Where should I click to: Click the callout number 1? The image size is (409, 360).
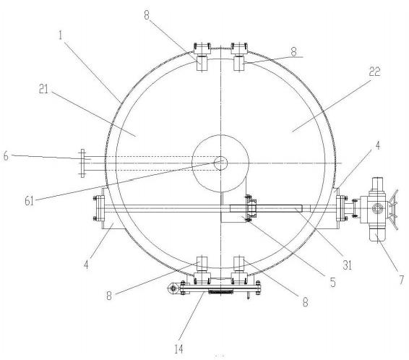61,35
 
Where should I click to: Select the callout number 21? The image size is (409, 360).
43,90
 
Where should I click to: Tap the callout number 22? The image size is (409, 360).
374,72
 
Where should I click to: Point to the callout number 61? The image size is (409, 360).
30,201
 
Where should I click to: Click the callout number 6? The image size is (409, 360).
6,156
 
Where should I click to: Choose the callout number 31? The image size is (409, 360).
347,265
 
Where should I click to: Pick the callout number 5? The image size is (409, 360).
332,282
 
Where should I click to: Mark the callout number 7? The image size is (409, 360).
402,279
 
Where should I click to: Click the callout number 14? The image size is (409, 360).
179,349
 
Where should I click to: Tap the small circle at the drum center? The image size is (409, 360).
220,163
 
